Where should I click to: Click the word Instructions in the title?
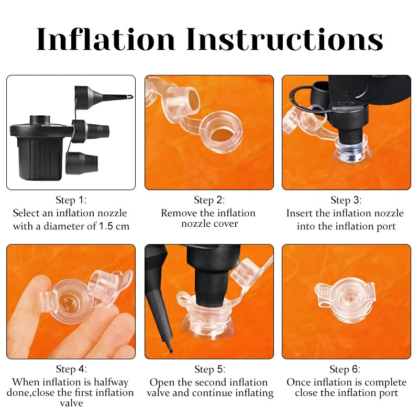point(284,39)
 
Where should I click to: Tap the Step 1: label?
point(71,200)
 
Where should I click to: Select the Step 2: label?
point(209,200)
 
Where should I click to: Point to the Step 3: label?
point(346,200)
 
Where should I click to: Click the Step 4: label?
point(71,369)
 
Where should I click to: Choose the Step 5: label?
point(210,369)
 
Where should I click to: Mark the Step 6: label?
point(345,369)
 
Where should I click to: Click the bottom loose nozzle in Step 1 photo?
point(82,163)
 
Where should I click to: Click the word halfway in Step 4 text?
point(111,382)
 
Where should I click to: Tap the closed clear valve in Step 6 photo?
point(345,299)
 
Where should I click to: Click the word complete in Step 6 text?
point(385,383)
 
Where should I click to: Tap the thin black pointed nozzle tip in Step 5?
point(171,351)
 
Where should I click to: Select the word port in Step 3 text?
point(386,227)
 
